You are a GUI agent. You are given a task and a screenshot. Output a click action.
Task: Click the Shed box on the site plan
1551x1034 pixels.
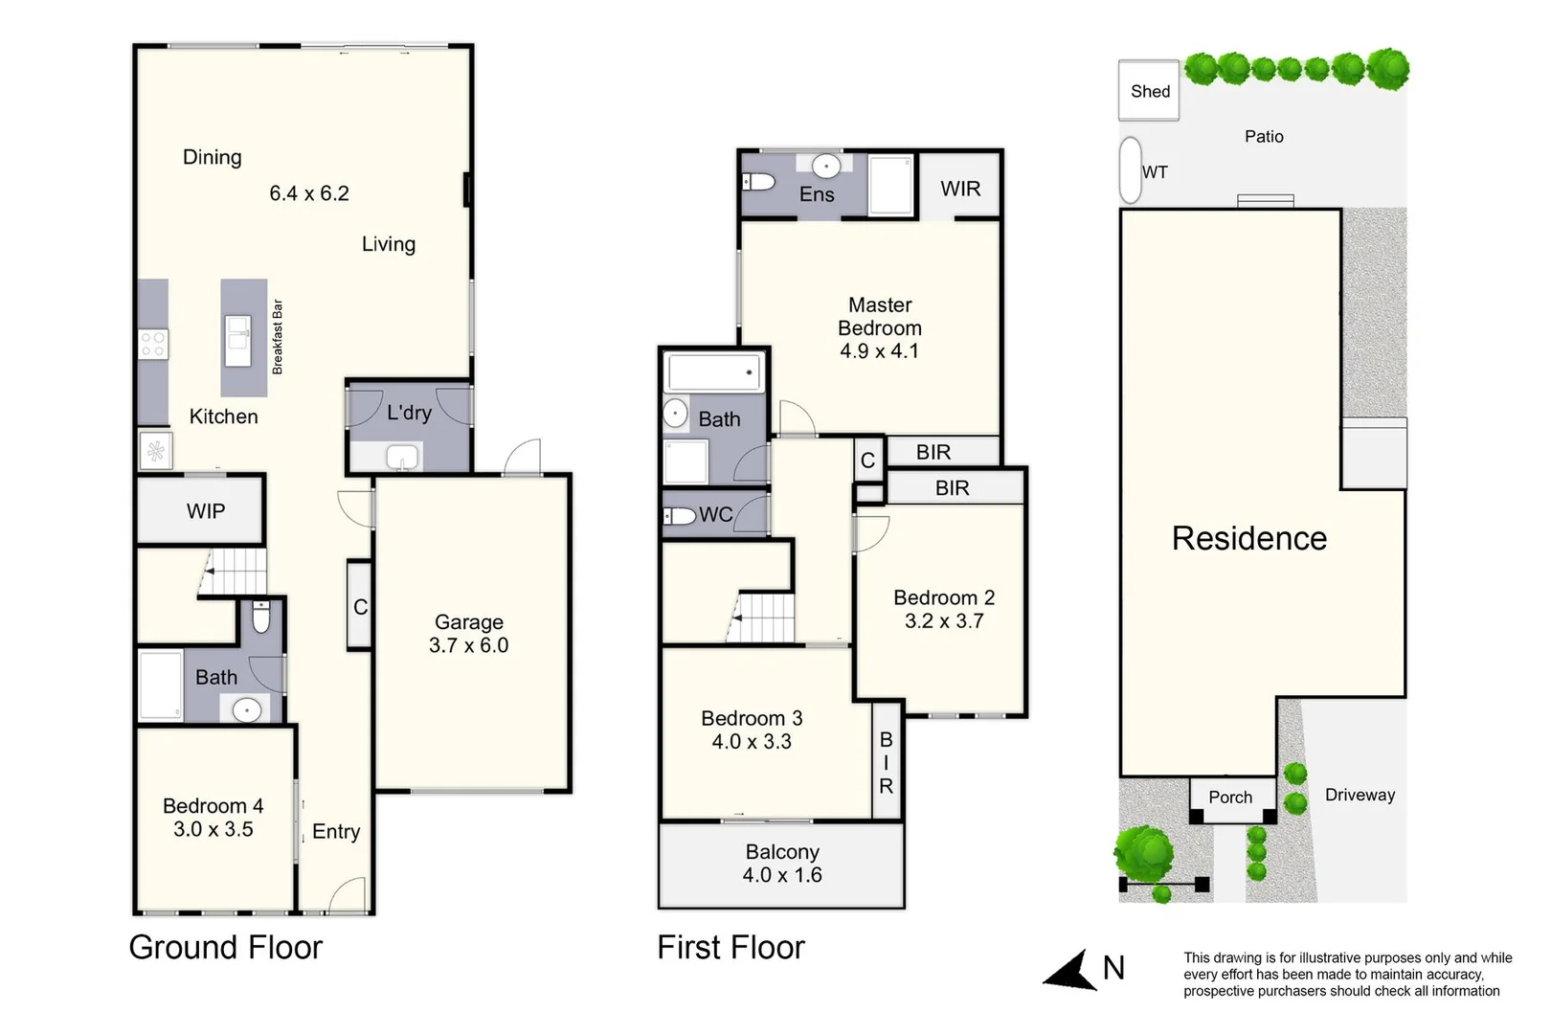1149,91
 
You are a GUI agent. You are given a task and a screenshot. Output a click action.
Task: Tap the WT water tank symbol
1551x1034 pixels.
1131,170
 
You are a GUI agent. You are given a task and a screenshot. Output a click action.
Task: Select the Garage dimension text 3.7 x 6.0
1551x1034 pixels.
468,645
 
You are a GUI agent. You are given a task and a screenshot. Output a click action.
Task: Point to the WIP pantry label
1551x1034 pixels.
206,511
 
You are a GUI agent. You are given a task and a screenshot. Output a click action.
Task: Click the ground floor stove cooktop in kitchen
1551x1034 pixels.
153,344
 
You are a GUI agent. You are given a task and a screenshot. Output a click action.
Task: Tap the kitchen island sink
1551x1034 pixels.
238,341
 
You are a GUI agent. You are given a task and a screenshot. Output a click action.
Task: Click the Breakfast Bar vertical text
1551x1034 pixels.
278,337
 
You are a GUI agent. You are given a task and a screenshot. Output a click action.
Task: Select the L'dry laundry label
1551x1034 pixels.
409,413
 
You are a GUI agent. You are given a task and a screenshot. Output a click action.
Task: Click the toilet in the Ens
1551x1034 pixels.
759,181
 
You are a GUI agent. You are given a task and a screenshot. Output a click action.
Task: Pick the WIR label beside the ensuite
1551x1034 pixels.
960,189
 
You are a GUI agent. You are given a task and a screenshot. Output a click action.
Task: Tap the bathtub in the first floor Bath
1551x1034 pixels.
714,372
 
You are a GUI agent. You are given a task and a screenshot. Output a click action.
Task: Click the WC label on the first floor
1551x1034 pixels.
715,515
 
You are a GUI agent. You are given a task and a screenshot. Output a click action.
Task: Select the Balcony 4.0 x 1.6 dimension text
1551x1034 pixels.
782,875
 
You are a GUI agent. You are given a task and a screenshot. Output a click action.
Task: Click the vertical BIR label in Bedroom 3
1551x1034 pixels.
887,762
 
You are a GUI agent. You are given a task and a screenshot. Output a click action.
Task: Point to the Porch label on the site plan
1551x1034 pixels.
1230,797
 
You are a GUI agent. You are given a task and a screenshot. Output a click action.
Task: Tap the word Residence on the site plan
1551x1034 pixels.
1249,538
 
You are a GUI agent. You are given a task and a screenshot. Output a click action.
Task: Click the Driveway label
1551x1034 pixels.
1360,795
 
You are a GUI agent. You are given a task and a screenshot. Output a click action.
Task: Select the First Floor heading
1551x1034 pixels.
731,947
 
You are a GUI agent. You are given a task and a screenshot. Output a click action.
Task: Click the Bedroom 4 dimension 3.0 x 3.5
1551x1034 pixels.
214,829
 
